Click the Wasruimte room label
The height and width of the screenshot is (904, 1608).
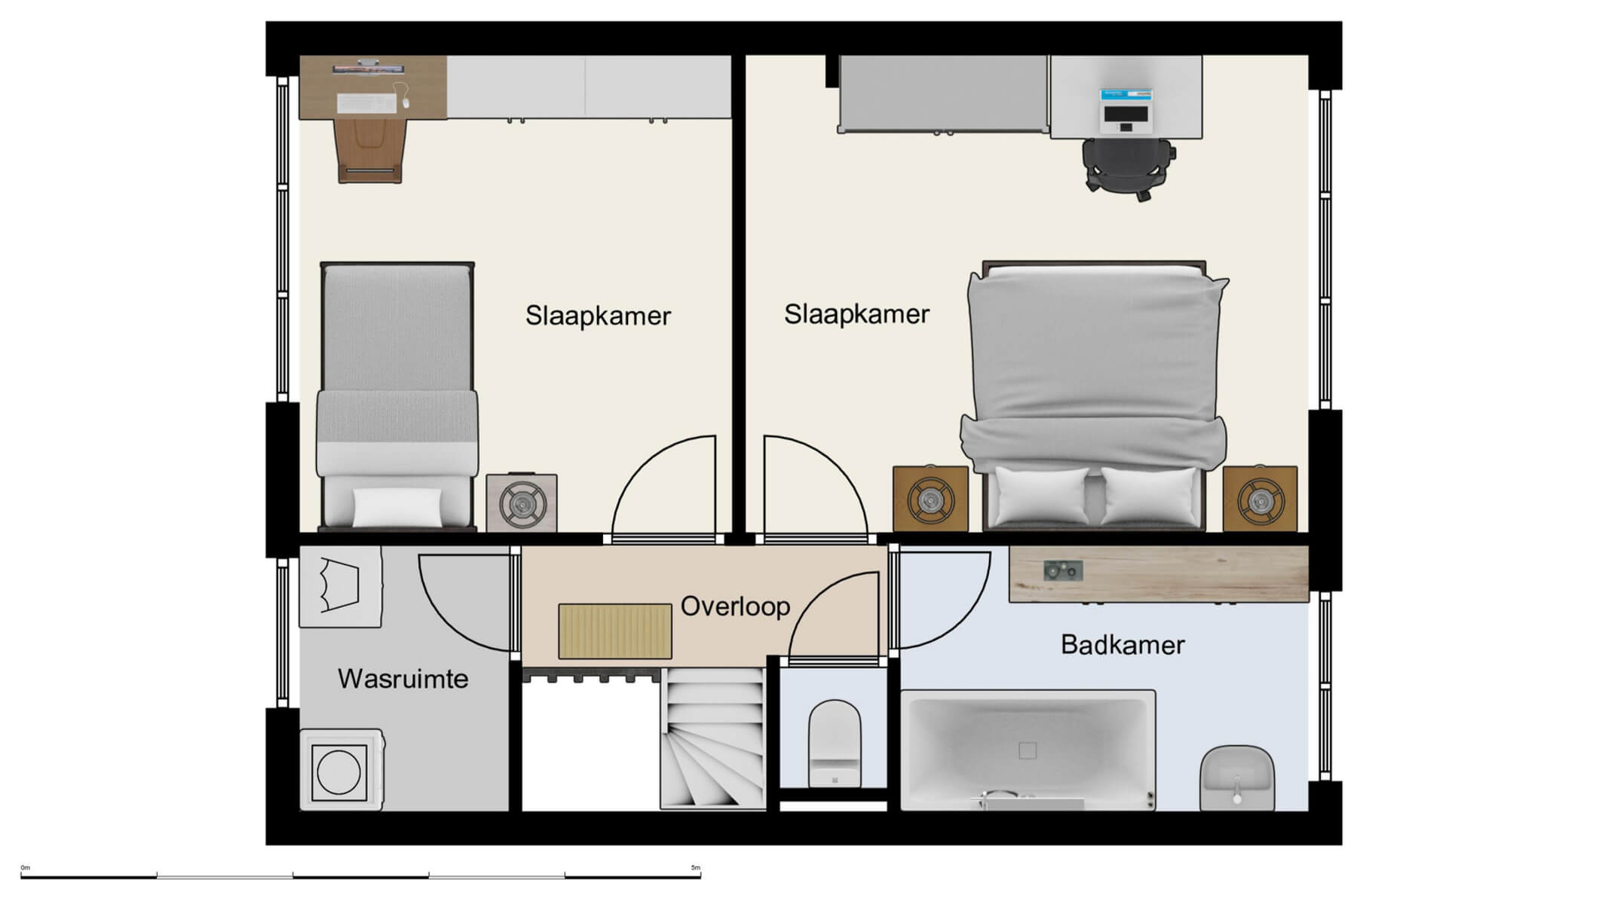403,679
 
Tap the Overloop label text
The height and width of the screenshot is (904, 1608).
735,606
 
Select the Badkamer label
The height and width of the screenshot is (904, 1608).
1122,645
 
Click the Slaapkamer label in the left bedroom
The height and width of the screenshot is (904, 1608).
598,316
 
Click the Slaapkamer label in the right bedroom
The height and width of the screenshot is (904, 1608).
856,314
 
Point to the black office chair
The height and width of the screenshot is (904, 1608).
1128,167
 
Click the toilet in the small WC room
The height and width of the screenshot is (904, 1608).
834,742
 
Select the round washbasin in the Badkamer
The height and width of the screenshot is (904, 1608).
1236,776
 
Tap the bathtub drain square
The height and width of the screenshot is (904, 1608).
1027,750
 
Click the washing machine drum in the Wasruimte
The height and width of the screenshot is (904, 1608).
339,772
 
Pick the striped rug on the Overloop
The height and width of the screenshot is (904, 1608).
614,631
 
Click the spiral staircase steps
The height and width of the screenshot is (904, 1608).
712,742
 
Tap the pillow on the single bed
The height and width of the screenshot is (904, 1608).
397,507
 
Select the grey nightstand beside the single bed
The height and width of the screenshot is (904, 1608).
522,502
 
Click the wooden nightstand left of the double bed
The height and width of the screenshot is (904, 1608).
930,499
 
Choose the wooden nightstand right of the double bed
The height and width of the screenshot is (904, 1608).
1260,499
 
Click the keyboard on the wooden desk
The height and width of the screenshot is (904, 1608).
366,102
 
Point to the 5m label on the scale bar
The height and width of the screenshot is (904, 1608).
695,868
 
